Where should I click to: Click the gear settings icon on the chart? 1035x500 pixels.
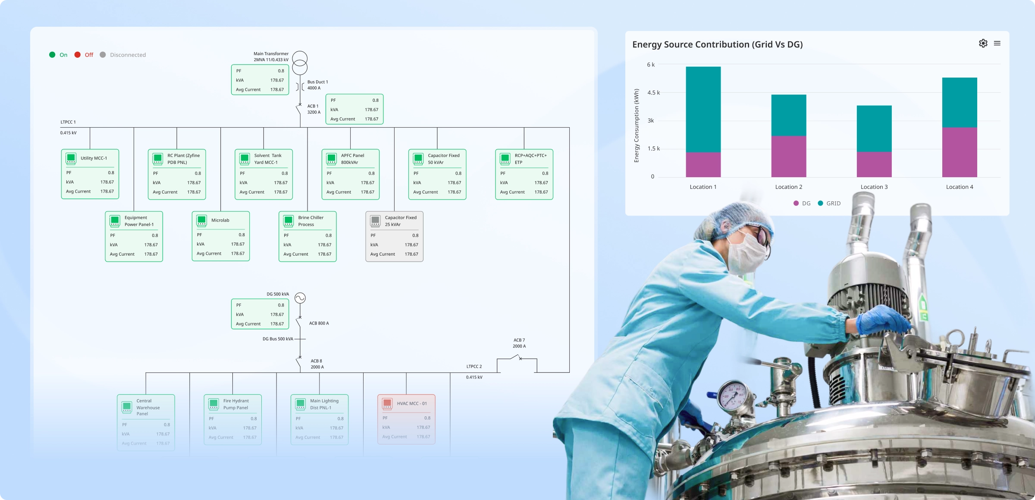click(983, 43)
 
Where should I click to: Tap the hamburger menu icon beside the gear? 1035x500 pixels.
click(997, 43)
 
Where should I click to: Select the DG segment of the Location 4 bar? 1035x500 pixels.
click(959, 152)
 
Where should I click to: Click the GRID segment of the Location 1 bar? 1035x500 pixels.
click(703, 109)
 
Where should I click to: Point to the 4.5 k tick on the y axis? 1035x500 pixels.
click(653, 93)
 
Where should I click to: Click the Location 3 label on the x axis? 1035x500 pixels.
click(874, 187)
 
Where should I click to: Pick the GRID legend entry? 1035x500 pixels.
click(829, 203)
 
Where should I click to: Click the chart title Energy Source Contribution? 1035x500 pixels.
click(717, 44)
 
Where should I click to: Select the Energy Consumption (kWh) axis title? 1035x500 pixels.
click(637, 125)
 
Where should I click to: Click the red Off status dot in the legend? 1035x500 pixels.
click(78, 55)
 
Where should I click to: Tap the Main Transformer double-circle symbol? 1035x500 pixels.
click(300, 62)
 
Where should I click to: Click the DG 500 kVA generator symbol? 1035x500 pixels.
click(300, 298)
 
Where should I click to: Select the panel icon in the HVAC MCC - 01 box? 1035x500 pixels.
click(387, 403)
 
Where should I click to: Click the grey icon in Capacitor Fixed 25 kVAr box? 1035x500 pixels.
click(375, 221)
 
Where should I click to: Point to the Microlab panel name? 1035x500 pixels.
click(220, 220)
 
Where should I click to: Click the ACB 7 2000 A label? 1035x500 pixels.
click(519, 343)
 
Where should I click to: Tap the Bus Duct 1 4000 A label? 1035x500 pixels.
click(317, 85)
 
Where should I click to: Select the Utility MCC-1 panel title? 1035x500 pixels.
click(94, 158)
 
